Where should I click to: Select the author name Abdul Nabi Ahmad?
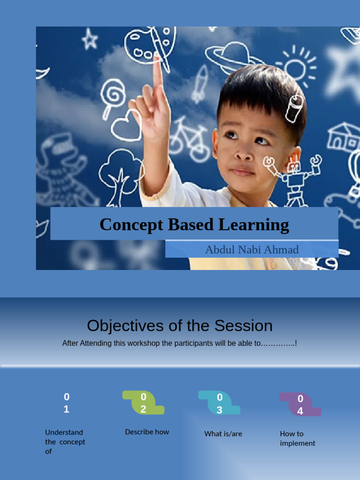point(252,249)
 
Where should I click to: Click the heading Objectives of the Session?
point(180,325)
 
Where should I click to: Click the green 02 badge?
point(143,403)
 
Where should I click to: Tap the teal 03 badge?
point(219,404)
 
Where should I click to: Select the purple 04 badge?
point(300,405)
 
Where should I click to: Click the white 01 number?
point(66,403)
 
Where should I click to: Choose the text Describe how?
point(147,432)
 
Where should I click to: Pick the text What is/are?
point(223,434)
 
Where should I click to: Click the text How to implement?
point(298,438)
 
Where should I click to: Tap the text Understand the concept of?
point(65,442)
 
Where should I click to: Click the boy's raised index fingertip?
point(157,59)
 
